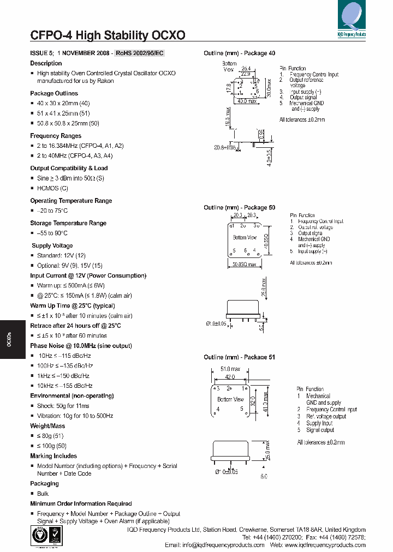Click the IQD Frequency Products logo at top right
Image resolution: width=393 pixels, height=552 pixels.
pos(352,19)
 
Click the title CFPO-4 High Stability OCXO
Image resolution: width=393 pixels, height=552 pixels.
pos(108,35)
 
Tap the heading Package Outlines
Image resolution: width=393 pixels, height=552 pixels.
pos(54,93)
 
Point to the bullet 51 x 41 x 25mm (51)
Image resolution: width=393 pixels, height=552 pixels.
pos(63,113)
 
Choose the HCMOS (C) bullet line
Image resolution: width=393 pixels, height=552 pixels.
pos(52,188)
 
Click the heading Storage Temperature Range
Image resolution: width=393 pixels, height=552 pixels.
pos(68,223)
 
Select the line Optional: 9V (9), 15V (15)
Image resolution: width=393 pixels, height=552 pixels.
pos(69,266)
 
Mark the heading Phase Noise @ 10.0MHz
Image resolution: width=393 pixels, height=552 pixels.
pos(81,346)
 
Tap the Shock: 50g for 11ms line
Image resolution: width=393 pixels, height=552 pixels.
pos(63,406)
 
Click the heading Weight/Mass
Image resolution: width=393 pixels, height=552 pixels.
pos(47,426)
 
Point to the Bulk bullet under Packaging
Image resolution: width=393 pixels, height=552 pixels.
pos(43,494)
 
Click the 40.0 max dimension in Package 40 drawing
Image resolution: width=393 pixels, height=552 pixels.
pos(247,101)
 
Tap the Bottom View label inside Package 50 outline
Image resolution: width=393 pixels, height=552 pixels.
pos(245,238)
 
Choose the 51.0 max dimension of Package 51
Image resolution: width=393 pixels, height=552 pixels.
pos(230,369)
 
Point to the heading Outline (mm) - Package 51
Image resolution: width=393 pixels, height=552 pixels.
pos(240,357)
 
